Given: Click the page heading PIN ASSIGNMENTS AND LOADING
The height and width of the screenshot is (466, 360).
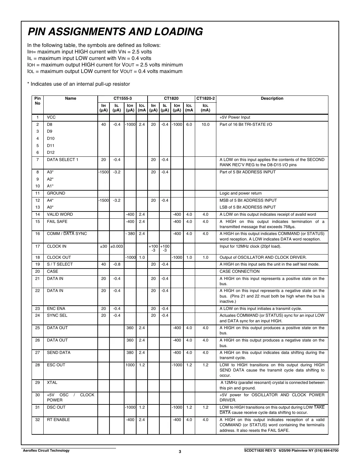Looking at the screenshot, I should click(x=115, y=32).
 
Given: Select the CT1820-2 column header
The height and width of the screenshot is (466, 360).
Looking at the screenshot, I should click(x=205, y=98).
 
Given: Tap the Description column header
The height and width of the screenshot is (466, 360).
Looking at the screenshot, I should click(x=272, y=98).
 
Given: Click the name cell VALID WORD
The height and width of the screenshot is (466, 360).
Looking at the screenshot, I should click(x=60, y=214).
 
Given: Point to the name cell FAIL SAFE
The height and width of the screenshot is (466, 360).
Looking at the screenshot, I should click(x=57, y=222).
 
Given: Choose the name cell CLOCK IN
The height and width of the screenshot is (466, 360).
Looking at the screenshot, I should click(x=57, y=246).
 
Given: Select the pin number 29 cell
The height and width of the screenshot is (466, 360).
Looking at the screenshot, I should click(x=37, y=383).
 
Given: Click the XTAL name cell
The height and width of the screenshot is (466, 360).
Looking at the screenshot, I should click(x=52, y=383).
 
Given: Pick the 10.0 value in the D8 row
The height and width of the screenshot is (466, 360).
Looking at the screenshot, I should click(x=205, y=124).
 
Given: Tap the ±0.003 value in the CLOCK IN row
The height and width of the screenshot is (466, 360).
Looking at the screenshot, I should click(x=117, y=246).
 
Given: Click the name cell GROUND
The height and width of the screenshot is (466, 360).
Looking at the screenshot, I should click(x=56, y=193).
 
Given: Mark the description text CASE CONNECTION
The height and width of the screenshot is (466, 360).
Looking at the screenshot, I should click(x=239, y=271).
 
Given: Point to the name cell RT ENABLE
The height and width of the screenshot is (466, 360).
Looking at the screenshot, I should click(x=58, y=420).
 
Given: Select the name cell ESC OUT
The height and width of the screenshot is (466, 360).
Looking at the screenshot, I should click(x=56, y=365).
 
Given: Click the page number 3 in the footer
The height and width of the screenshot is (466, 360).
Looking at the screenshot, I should click(x=180, y=451).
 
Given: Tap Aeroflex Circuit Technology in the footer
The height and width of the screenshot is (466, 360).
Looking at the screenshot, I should click(x=46, y=451).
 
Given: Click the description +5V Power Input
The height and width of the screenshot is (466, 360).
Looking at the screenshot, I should click(x=235, y=117).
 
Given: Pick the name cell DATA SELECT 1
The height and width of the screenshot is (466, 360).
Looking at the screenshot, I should click(x=63, y=160).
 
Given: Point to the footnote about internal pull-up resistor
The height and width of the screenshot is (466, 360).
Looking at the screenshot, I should click(x=79, y=84).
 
